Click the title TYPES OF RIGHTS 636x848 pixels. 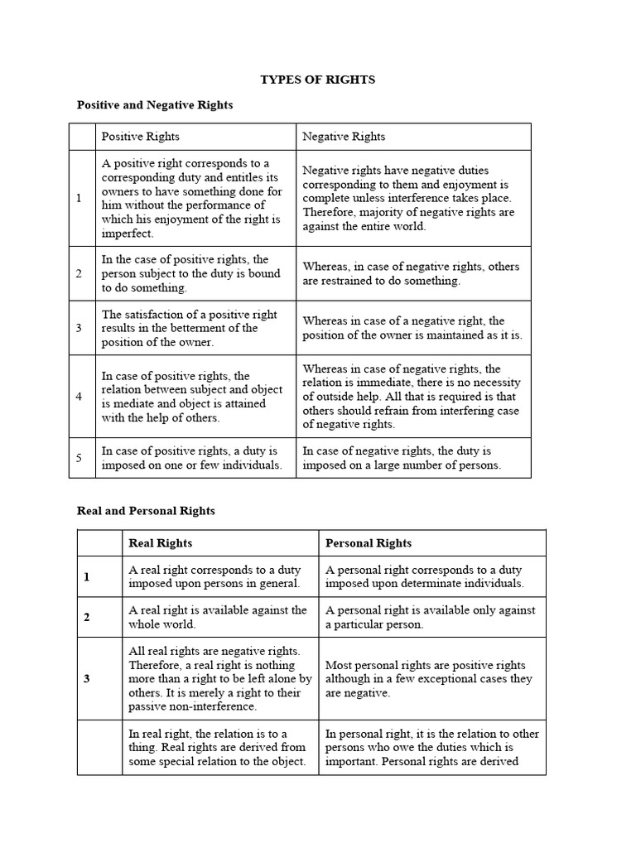coord(318,79)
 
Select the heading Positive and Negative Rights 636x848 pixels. coord(155,105)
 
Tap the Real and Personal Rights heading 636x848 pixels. coord(146,511)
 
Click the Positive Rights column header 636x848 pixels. coord(140,137)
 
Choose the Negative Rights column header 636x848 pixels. coord(344,137)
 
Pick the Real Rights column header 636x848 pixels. coord(161,543)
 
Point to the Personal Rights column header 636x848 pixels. coord(369,543)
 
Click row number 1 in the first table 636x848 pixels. coord(79,199)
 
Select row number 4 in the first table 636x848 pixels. coord(79,397)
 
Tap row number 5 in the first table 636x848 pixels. coord(79,458)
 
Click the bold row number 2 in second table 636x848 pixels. coord(86,617)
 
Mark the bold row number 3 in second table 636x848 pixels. coord(86,679)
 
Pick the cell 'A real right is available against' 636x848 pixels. coord(217,617)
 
